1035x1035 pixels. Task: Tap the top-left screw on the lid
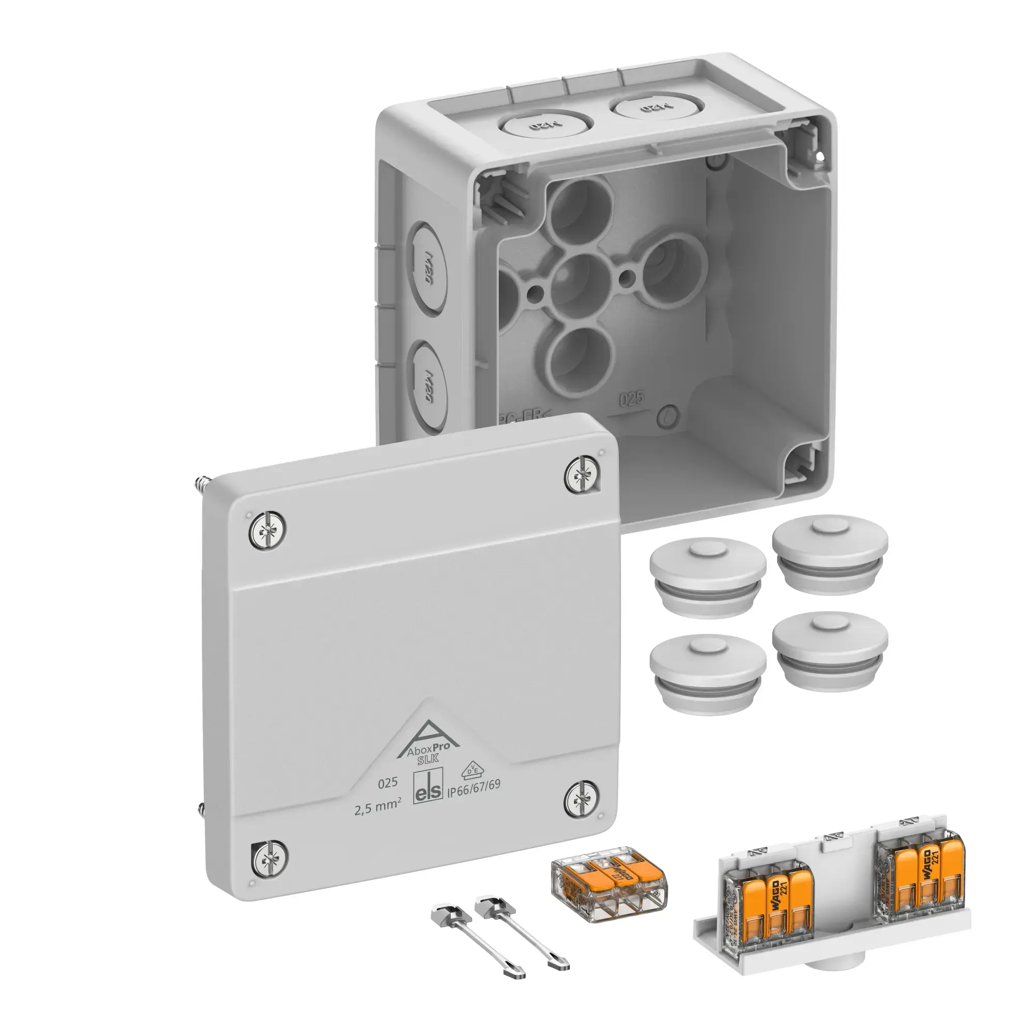pyautogui.click(x=267, y=529)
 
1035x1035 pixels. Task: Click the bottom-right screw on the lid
pyautogui.click(x=582, y=800)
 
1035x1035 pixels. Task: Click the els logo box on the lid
pyautogui.click(x=428, y=788)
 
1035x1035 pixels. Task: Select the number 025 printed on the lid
pyautogui.click(x=387, y=782)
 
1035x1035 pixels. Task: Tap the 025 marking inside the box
pyautogui.click(x=631, y=399)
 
